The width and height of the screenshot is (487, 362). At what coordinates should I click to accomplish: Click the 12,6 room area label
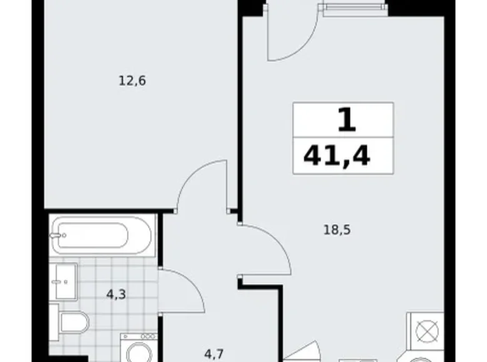pos(132,81)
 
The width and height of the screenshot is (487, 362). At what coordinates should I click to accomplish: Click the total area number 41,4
pos(337,154)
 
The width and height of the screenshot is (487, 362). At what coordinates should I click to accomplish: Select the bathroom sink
pos(65,282)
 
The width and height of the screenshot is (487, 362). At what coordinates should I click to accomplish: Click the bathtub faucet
pos(57,235)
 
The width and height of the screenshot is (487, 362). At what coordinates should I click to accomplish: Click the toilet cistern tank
pos(55,323)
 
